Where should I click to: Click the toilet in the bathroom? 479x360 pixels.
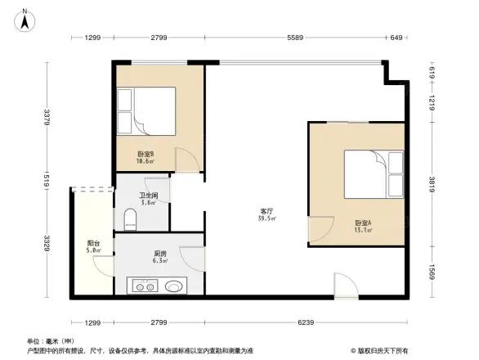(129, 220)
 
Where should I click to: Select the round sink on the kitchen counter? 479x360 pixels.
(174, 286)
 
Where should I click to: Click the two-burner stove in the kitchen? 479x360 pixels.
(145, 286)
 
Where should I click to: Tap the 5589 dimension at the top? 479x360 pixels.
(297, 38)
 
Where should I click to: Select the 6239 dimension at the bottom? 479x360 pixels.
(307, 323)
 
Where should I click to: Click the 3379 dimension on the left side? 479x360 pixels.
(47, 118)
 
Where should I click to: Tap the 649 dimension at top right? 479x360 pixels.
(396, 38)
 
